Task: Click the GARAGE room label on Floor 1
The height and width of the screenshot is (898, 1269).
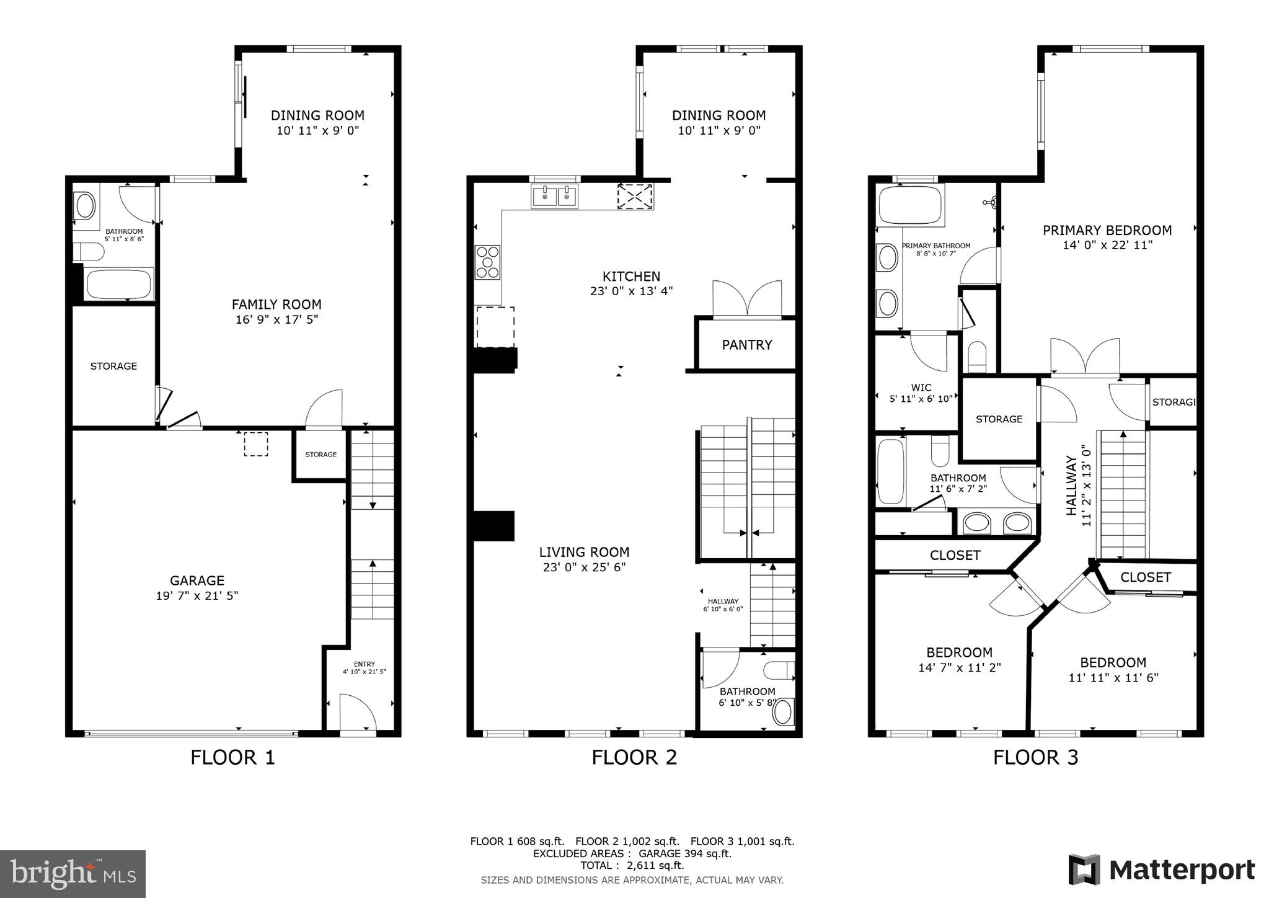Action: (197, 580)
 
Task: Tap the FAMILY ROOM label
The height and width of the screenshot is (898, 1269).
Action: (276, 305)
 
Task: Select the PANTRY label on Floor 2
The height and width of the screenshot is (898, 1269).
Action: (746, 345)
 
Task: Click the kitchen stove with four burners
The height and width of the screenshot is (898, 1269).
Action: (487, 262)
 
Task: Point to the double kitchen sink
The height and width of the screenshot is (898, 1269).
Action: (554, 197)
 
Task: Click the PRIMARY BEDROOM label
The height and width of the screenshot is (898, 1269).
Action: (1107, 230)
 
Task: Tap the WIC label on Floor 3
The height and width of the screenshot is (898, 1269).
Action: (921, 388)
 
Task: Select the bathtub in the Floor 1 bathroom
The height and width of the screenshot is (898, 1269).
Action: (119, 285)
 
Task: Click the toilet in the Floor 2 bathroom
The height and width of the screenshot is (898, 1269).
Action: (779, 670)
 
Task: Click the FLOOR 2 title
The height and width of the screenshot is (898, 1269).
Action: (634, 757)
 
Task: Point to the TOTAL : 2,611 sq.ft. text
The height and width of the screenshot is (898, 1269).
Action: (632, 865)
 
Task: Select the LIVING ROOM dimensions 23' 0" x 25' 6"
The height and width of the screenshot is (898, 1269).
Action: (584, 567)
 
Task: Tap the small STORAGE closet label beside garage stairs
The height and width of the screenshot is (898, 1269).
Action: (321, 455)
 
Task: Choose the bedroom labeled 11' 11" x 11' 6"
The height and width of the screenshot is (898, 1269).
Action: (1113, 670)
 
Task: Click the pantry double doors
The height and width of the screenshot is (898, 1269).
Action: (747, 300)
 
